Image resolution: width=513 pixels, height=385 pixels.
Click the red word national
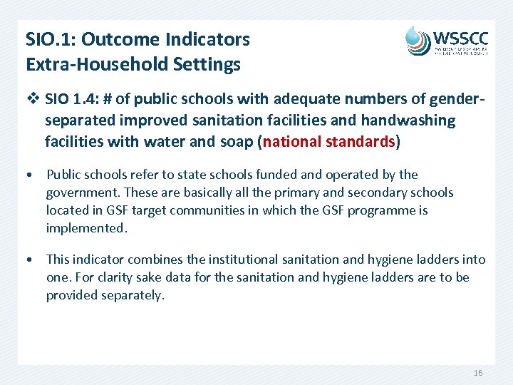[x=292, y=141]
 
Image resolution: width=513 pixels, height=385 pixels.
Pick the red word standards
[x=361, y=141]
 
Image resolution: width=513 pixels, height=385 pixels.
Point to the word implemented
[x=85, y=228]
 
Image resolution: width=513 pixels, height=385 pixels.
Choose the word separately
[x=133, y=295]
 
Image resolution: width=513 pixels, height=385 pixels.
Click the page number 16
[x=478, y=374]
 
